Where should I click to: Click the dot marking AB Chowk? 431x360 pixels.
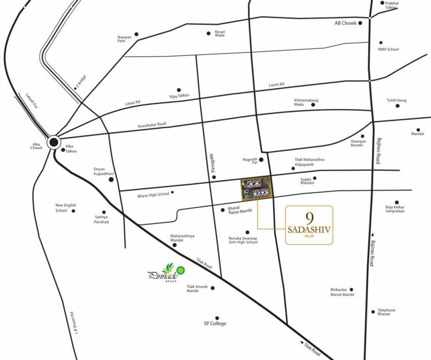[x=360, y=22]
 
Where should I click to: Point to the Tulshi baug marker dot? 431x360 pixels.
[x=397, y=106]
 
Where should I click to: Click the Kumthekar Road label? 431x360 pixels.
[x=152, y=125]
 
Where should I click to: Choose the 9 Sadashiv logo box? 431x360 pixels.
[x=309, y=225]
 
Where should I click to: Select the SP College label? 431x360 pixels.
[x=215, y=323]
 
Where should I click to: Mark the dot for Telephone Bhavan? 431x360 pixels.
[x=373, y=311]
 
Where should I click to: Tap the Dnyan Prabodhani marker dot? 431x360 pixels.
[x=111, y=180]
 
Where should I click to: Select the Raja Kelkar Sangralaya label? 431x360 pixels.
[x=395, y=209]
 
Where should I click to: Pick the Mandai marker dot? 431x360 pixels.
[x=418, y=130]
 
